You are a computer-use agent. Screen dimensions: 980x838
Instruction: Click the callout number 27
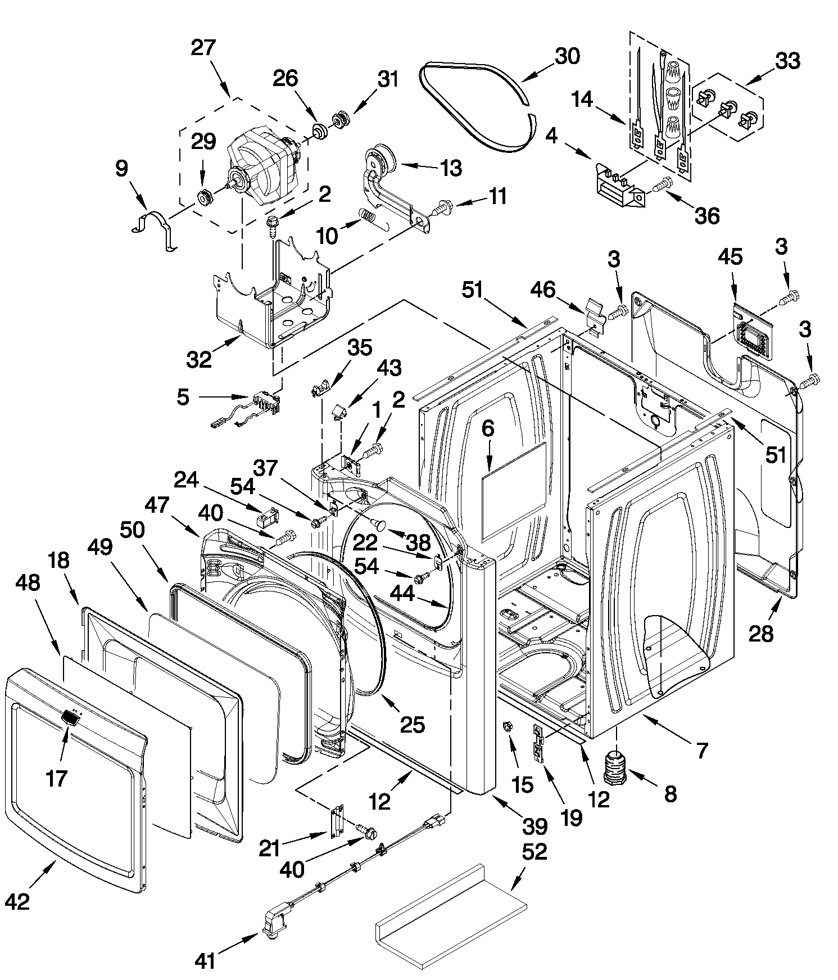[x=203, y=48]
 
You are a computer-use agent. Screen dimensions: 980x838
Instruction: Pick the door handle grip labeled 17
[x=69, y=717]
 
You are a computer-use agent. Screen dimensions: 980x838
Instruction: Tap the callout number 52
[x=534, y=852]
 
